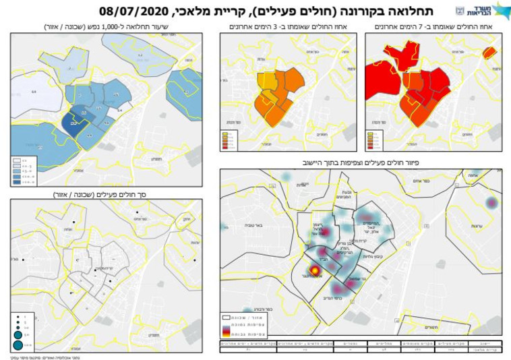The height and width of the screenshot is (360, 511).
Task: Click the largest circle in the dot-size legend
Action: [x=19, y=345]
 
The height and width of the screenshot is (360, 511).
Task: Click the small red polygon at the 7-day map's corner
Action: [x=490, y=52]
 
